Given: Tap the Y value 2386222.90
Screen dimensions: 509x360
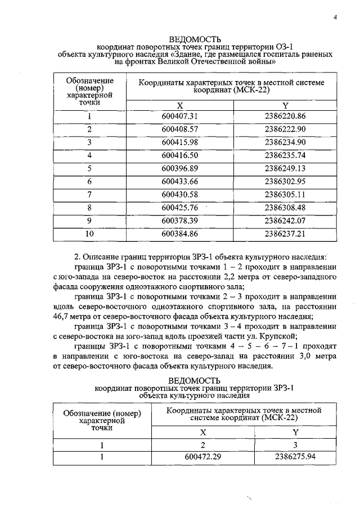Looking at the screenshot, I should [285, 129].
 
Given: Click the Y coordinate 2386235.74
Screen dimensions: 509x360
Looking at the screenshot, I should [285, 155].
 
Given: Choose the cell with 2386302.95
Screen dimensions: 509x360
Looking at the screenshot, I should [285, 181].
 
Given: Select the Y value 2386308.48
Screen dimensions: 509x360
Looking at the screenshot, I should [285, 207].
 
